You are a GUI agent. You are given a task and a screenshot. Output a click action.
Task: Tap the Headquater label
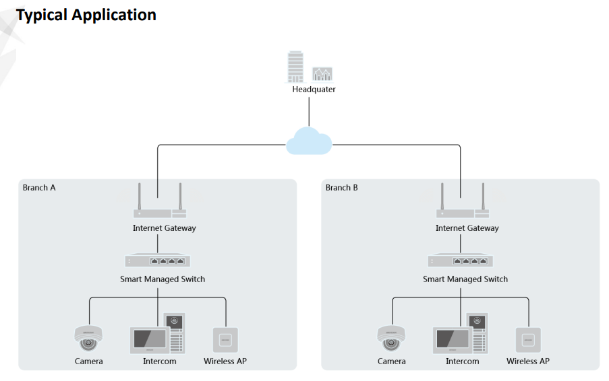(314, 90)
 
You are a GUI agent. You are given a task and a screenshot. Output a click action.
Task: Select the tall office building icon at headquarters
(295, 67)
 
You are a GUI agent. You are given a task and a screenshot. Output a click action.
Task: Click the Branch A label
(39, 188)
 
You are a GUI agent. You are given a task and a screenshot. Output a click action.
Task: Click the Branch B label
(342, 188)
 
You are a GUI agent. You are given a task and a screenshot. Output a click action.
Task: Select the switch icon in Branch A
(158, 261)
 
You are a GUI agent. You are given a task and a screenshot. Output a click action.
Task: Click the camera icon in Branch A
(88, 337)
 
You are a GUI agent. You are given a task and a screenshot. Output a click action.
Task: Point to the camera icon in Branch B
(391, 337)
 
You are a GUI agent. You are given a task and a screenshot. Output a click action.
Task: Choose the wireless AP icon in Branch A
(225, 339)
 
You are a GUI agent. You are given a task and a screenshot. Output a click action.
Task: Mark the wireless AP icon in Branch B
(528, 339)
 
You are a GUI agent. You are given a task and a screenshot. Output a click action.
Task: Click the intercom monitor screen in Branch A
(149, 338)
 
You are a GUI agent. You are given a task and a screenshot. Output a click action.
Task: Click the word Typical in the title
(42, 15)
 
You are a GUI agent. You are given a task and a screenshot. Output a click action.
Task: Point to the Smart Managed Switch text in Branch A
(163, 279)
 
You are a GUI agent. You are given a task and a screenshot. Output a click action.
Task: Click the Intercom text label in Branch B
(463, 361)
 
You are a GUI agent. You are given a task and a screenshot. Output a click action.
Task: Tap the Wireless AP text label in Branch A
(225, 361)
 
